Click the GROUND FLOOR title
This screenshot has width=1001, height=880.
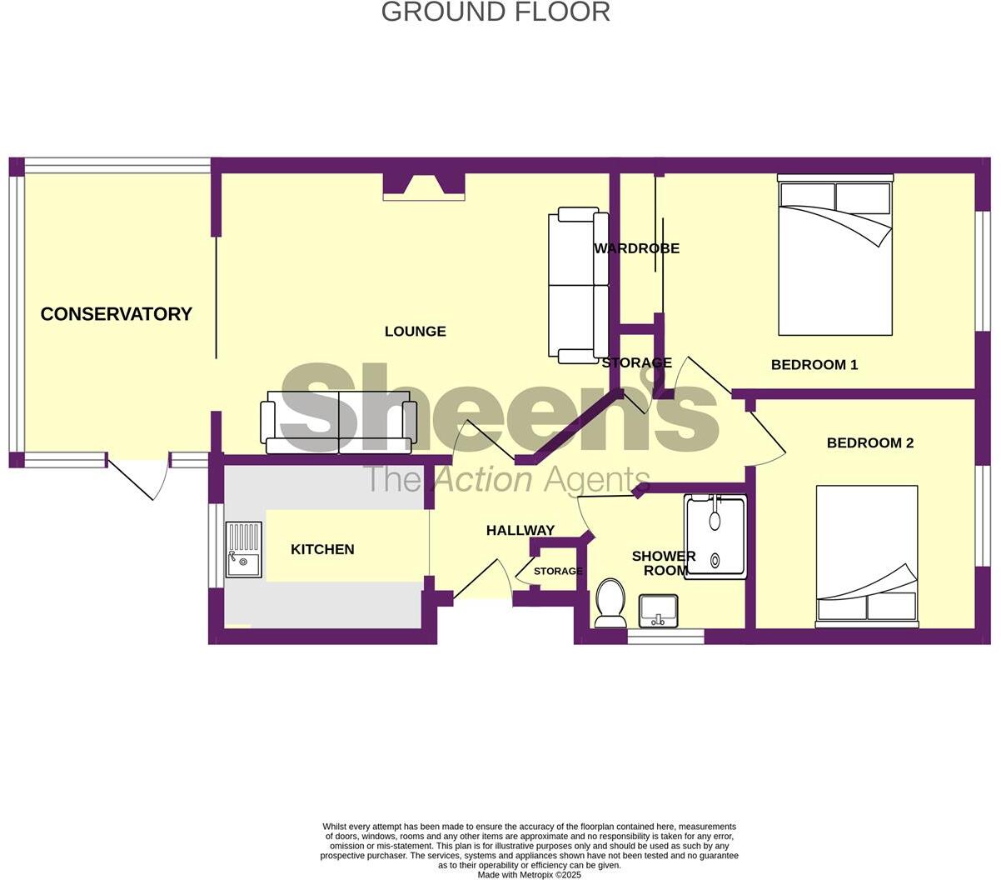(496, 12)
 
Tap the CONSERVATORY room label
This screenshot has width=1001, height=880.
(117, 314)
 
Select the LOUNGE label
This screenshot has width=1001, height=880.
(415, 332)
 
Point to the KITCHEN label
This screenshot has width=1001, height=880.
(322, 549)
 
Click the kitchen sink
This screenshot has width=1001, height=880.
(243, 550)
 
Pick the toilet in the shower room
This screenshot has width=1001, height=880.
(610, 603)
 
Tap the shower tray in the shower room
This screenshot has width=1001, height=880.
(715, 536)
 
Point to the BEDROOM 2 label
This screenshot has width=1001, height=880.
(869, 443)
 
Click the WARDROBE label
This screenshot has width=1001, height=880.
(636, 248)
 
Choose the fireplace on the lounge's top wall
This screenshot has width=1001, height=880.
(424, 187)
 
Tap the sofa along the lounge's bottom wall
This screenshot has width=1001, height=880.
(338, 422)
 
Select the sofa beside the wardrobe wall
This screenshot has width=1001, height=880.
(578, 285)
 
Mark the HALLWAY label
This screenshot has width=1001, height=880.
(520, 531)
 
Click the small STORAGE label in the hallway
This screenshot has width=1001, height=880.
(557, 572)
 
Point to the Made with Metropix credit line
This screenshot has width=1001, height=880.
(529, 875)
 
